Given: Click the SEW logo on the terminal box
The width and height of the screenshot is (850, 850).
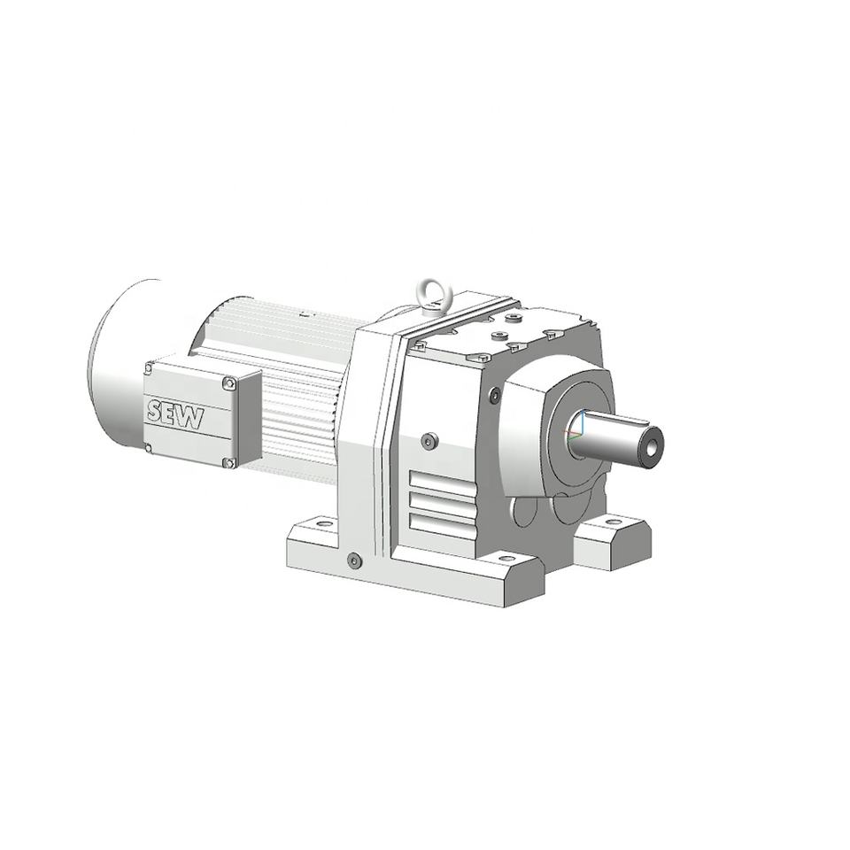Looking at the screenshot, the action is point(175,414).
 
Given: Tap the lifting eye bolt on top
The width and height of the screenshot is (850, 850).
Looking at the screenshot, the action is point(430,296).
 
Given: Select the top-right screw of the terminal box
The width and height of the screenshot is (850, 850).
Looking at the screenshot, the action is point(229,383).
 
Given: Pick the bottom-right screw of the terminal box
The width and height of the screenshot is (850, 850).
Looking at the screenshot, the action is point(230,462).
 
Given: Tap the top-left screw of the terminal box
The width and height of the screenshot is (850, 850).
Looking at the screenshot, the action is point(149,368).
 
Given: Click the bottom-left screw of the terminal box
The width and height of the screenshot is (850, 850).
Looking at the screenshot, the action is point(149,448).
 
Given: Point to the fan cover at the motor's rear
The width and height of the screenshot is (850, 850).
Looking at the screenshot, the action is point(124,362).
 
